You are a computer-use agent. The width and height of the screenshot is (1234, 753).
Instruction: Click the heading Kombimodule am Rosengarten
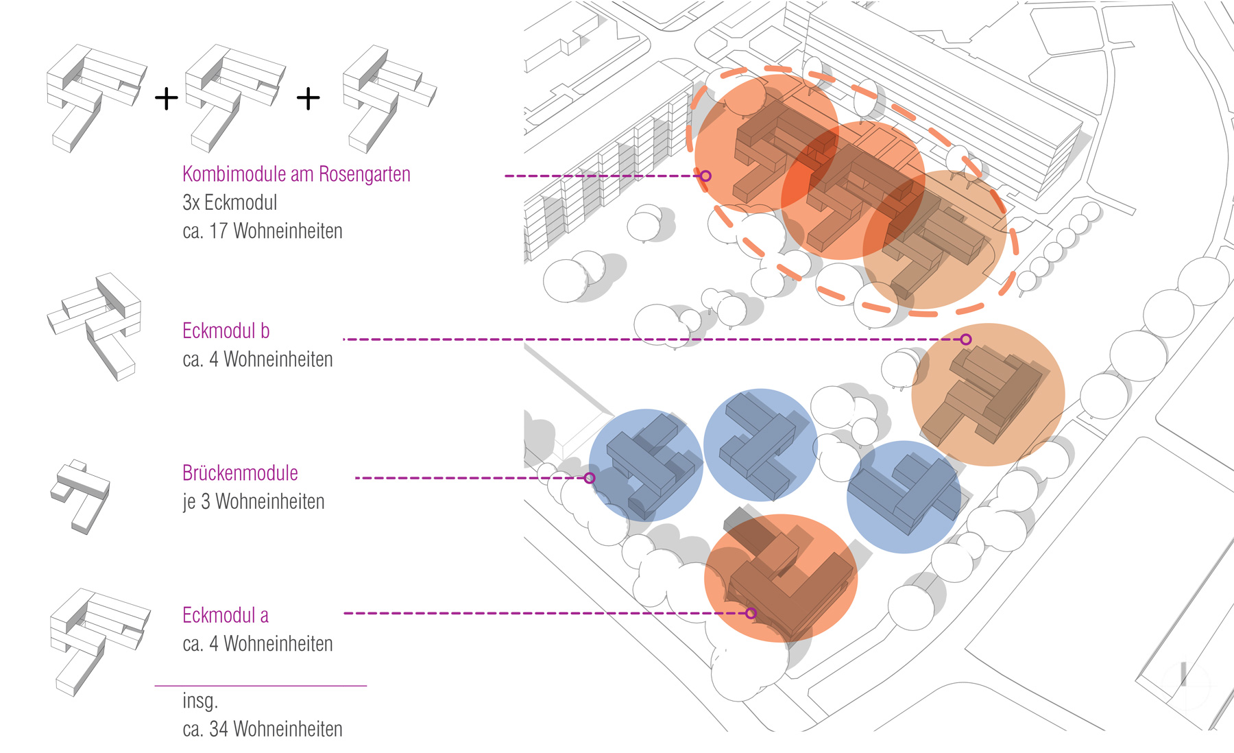[x=296, y=175]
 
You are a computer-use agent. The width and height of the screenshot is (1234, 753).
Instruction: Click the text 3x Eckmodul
[x=230, y=203]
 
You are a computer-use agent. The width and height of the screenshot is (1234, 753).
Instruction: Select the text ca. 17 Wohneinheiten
[x=262, y=231]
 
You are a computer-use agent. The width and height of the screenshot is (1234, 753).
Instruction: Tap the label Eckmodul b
[x=226, y=331]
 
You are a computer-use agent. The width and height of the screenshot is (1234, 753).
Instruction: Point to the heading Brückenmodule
[x=240, y=473]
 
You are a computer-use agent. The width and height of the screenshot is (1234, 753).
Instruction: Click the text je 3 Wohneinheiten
[x=253, y=502]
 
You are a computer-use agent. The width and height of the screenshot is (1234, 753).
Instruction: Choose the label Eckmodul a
[x=225, y=615]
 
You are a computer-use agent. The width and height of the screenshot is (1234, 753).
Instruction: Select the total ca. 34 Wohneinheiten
[x=262, y=729]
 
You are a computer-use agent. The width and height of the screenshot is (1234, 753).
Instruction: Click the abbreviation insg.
[x=199, y=701]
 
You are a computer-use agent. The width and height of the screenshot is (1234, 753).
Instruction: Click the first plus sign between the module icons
[x=166, y=99]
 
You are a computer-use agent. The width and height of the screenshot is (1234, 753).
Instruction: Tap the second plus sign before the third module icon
[x=308, y=99]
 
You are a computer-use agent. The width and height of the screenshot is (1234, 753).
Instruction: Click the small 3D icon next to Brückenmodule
[x=80, y=496]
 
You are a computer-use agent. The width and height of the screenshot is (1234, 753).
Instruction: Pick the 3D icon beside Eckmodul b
[x=96, y=324]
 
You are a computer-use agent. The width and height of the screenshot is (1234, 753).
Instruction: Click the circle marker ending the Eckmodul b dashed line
[x=966, y=339]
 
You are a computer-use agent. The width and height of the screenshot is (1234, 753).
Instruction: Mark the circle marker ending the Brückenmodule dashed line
[x=590, y=478]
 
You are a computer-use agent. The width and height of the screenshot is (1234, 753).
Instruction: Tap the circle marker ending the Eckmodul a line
[x=751, y=613]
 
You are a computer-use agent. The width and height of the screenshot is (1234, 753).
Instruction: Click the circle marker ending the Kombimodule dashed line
[x=705, y=176]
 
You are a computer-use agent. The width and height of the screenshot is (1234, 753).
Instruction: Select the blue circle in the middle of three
[x=760, y=445]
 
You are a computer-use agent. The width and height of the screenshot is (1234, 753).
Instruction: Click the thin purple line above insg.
[x=261, y=685]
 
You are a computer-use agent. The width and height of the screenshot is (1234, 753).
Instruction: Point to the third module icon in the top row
[x=387, y=98]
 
